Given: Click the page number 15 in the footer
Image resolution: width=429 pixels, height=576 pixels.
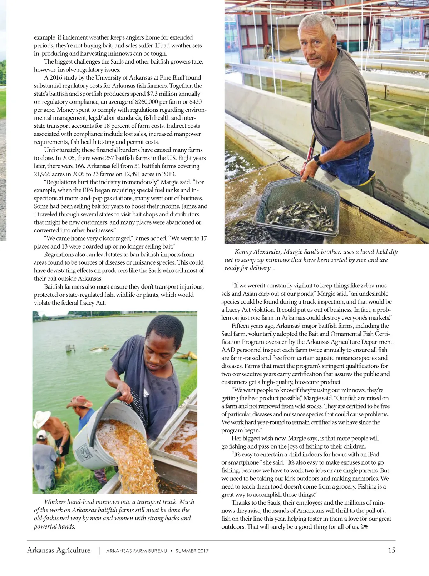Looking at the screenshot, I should tap(391, 550).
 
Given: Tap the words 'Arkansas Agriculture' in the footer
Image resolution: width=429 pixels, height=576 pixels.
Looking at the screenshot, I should tap(59, 550).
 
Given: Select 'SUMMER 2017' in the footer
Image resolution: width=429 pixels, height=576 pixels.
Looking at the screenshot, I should tap(192, 551).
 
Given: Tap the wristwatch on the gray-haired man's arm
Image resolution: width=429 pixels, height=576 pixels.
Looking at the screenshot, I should tap(318, 159).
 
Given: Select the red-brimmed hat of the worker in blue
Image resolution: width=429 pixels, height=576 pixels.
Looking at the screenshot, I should tap(79, 402).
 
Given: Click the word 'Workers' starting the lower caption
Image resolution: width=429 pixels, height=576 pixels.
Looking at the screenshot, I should tap(55, 502).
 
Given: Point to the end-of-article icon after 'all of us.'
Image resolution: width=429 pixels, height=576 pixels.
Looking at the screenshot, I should tap(364, 527).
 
